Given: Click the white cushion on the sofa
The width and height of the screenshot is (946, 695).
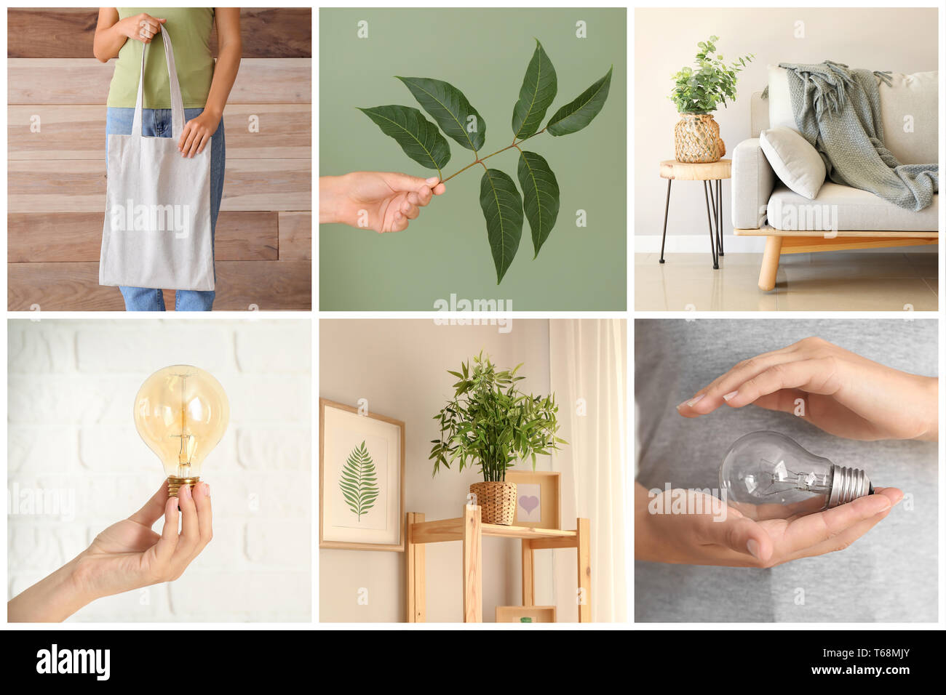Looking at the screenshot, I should pyautogui.click(x=793, y=162).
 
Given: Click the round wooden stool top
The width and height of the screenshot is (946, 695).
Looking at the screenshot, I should pyautogui.click(x=695, y=169).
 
